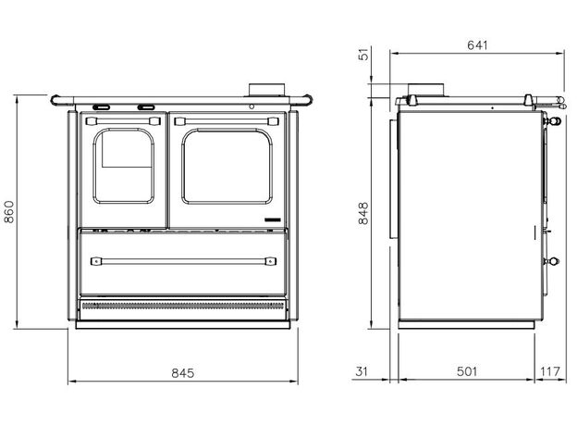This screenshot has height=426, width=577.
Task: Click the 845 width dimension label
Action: (183, 373)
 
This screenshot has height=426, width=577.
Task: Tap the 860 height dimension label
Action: (8, 212)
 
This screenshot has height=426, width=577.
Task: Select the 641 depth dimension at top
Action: (477, 45)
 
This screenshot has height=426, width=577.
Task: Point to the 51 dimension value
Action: (363, 55)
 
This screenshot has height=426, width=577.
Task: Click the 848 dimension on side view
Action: (363, 213)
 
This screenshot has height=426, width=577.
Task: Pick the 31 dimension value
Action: (362, 371)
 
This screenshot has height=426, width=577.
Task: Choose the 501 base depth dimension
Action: (467, 371)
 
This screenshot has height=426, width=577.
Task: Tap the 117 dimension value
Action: (550, 371)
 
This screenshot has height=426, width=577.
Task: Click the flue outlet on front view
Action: (267, 90)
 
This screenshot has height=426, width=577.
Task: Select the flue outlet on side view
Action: (425, 90)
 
